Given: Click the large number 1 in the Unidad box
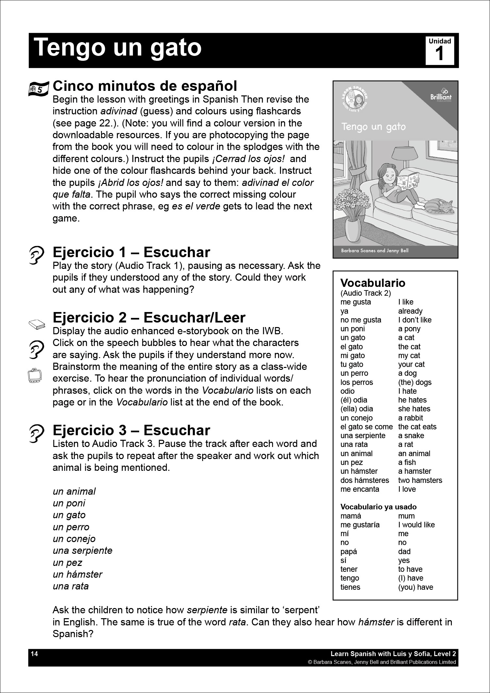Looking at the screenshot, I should coord(440,54).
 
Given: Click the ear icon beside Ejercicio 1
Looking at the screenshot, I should coord(36,255).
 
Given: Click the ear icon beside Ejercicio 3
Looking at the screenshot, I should coord(36,433).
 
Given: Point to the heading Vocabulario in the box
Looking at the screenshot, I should coord(373,283).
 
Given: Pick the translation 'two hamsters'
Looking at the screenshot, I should coord(420,480).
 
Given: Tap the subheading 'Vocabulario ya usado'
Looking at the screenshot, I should coord(379,507).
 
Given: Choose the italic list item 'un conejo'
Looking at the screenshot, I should coord(74,538).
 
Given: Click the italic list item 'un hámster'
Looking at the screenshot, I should coord(77,574).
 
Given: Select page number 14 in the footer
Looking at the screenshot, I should coord(35,654).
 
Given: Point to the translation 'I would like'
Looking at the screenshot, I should coord(416,525).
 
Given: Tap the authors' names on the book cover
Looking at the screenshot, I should coord(374,251).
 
